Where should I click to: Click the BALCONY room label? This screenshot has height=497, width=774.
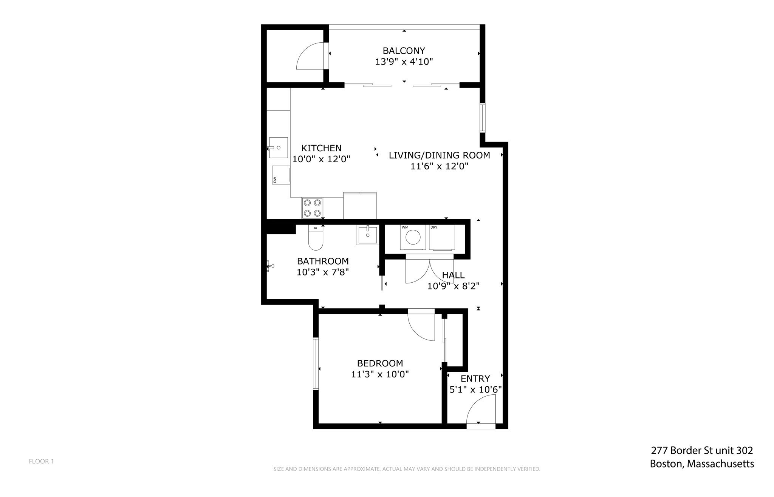point(404,51)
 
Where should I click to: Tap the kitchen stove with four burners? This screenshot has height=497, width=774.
point(312,208)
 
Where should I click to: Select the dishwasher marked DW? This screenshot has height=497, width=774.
point(281,175)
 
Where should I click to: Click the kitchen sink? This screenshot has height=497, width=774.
point(277,148)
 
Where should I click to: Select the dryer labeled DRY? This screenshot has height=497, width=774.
point(442,237)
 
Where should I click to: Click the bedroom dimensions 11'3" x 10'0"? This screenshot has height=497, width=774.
point(380,374)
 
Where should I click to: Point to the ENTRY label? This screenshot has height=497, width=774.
point(475,379)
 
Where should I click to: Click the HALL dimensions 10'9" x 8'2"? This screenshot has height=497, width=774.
point(453,286)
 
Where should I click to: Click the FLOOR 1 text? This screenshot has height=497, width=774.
point(42,461)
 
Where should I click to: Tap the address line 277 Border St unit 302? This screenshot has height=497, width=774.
point(702,450)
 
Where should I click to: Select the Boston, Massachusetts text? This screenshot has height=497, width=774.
point(702,464)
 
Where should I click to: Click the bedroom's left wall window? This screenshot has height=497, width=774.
point(316,363)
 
